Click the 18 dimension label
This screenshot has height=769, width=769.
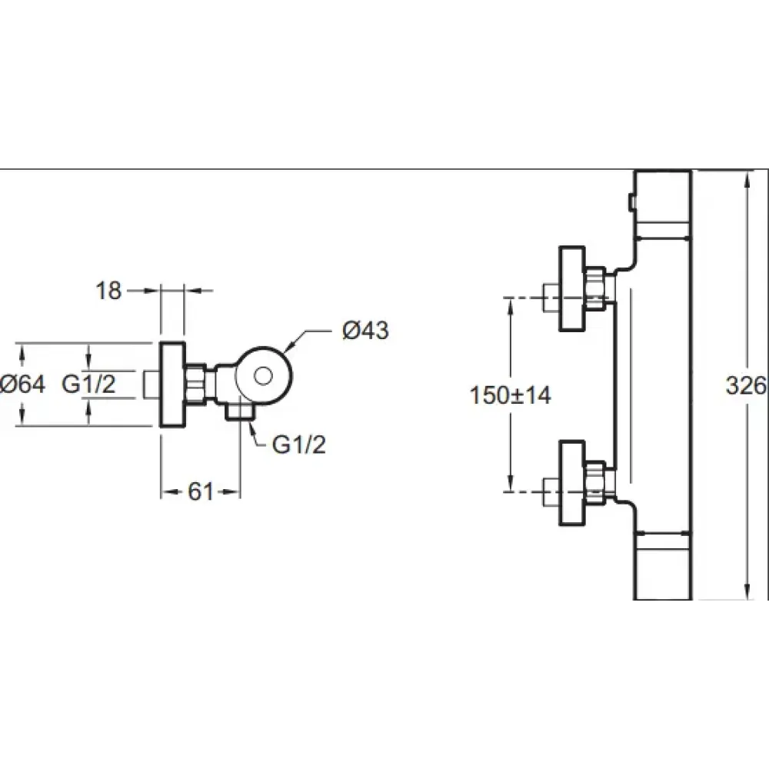click(108, 291)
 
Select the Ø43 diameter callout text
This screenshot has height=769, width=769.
click(365, 330)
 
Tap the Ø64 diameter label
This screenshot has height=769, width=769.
click(22, 384)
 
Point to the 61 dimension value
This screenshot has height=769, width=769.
click(201, 491)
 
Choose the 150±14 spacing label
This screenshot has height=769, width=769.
click(510, 394)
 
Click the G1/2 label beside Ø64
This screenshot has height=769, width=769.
click(88, 384)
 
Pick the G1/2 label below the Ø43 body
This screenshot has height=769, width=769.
click(298, 444)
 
